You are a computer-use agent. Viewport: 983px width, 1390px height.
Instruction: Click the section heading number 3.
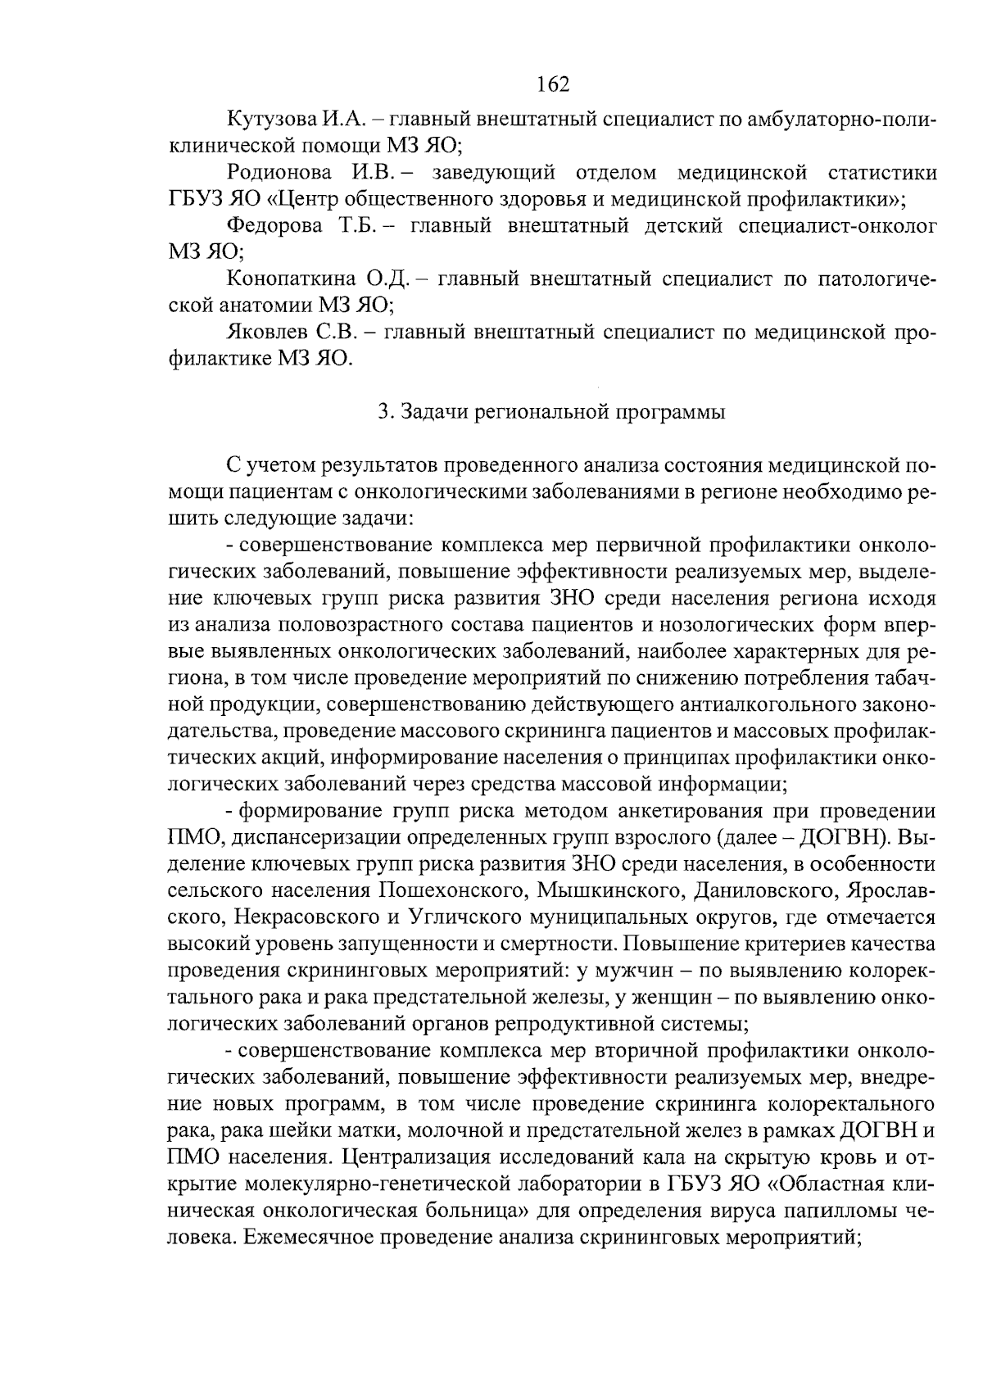383,412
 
